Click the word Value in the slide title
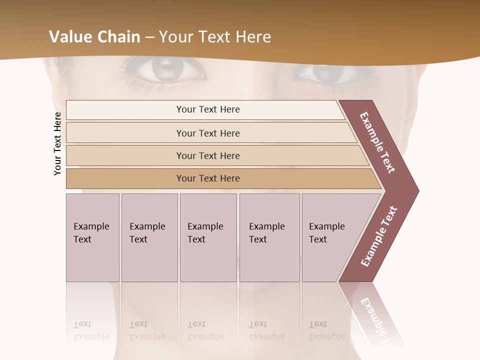(68, 37)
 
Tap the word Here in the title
(253, 37)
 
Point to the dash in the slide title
(149, 37)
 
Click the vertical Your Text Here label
(57, 143)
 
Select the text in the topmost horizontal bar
(208, 109)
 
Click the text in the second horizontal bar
(208, 133)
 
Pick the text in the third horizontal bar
(208, 155)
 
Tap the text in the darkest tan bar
(208, 178)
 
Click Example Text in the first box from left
(91, 232)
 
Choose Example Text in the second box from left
(147, 232)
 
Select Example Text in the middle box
(205, 232)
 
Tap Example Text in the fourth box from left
(266, 232)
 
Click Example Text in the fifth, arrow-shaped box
(326, 232)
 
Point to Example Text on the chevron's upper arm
(377, 142)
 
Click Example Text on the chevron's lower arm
(378, 236)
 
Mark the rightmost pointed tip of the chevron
(418, 191)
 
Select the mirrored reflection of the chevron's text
(377, 320)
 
